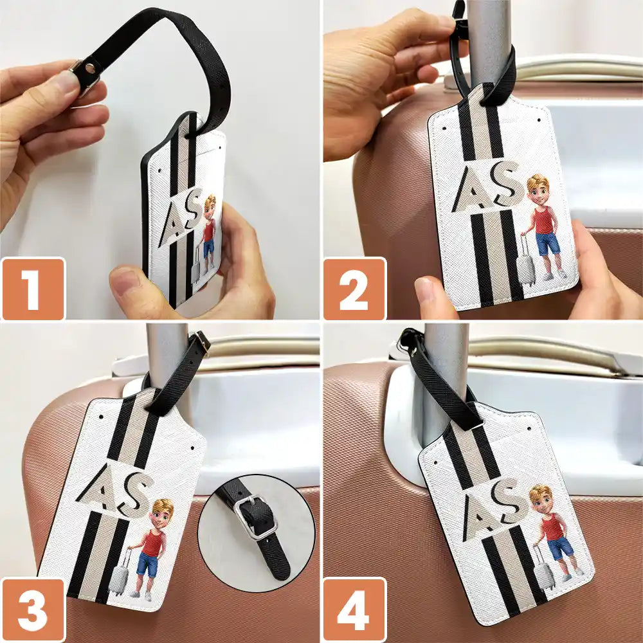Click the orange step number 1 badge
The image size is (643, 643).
tap(33, 288)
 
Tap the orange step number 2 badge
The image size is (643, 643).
tap(355, 288)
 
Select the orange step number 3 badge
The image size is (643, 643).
tap(33, 610)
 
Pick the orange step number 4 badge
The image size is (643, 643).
tap(355, 610)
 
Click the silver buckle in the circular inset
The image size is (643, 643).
tap(256, 518)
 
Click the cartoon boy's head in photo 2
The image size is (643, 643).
tap(538, 190)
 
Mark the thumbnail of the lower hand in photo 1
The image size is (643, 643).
tap(124, 281)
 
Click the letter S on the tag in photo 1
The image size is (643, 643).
tap(193, 209)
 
